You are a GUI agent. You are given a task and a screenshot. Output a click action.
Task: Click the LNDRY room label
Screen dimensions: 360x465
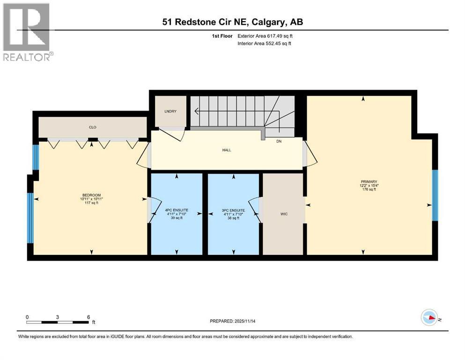(x=170, y=111)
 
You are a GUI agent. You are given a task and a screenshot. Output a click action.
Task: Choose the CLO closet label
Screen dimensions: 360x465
(x=92, y=127)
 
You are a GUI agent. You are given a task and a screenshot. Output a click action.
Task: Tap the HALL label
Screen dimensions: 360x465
(x=227, y=150)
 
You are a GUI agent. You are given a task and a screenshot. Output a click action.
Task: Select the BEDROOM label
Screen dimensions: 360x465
(x=91, y=195)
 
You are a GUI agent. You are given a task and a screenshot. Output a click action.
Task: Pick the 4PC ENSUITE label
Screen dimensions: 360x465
(x=176, y=210)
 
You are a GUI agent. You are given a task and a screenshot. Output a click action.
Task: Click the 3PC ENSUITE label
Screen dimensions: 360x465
(x=233, y=210)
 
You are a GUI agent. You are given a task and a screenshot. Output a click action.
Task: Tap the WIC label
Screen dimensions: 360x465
(x=283, y=214)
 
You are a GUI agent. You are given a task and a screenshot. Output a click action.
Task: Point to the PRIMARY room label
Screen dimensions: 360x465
(x=369, y=181)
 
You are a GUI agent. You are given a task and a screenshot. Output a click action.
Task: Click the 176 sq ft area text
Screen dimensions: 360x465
(x=369, y=189)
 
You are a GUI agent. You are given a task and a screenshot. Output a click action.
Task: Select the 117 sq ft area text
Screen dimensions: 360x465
(x=91, y=203)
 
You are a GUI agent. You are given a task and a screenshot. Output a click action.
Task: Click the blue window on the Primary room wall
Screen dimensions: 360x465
(x=435, y=195)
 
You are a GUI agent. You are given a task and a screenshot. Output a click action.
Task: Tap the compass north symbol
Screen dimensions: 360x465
(x=429, y=317)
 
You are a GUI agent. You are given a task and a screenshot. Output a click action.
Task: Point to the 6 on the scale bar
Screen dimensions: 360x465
(x=88, y=317)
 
